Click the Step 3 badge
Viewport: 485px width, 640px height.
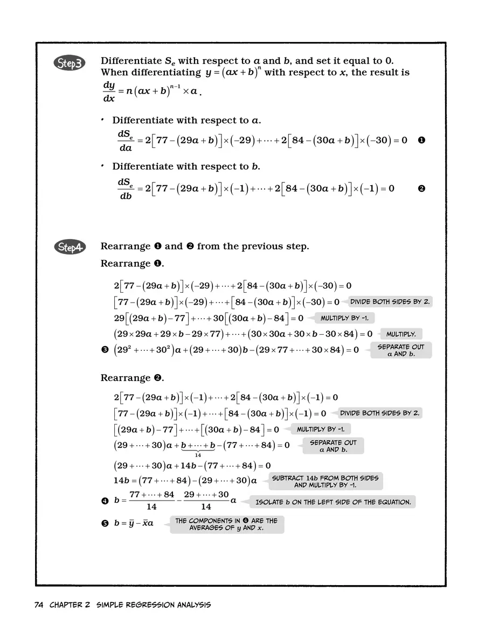coord(68,64)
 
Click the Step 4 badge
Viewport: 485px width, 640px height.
coord(68,247)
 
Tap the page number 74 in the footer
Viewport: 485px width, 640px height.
coord(38,604)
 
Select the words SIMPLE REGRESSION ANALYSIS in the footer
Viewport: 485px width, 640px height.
coord(154,604)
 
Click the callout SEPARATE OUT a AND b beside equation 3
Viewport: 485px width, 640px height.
coord(401,350)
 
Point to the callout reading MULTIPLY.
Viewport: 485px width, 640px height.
coord(401,334)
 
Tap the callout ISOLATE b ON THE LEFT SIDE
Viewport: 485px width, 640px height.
coord(332,502)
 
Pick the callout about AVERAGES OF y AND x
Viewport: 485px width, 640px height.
coord(226,524)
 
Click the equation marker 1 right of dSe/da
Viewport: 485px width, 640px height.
coord(421,140)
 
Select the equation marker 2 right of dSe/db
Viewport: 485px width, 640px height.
coord(421,188)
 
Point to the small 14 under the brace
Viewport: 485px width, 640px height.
coord(198,455)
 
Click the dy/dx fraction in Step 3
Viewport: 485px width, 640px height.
coord(109,92)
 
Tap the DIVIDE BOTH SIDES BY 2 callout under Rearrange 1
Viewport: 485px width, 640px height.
coord(390,302)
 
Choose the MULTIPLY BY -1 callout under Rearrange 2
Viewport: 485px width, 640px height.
coord(321,429)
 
